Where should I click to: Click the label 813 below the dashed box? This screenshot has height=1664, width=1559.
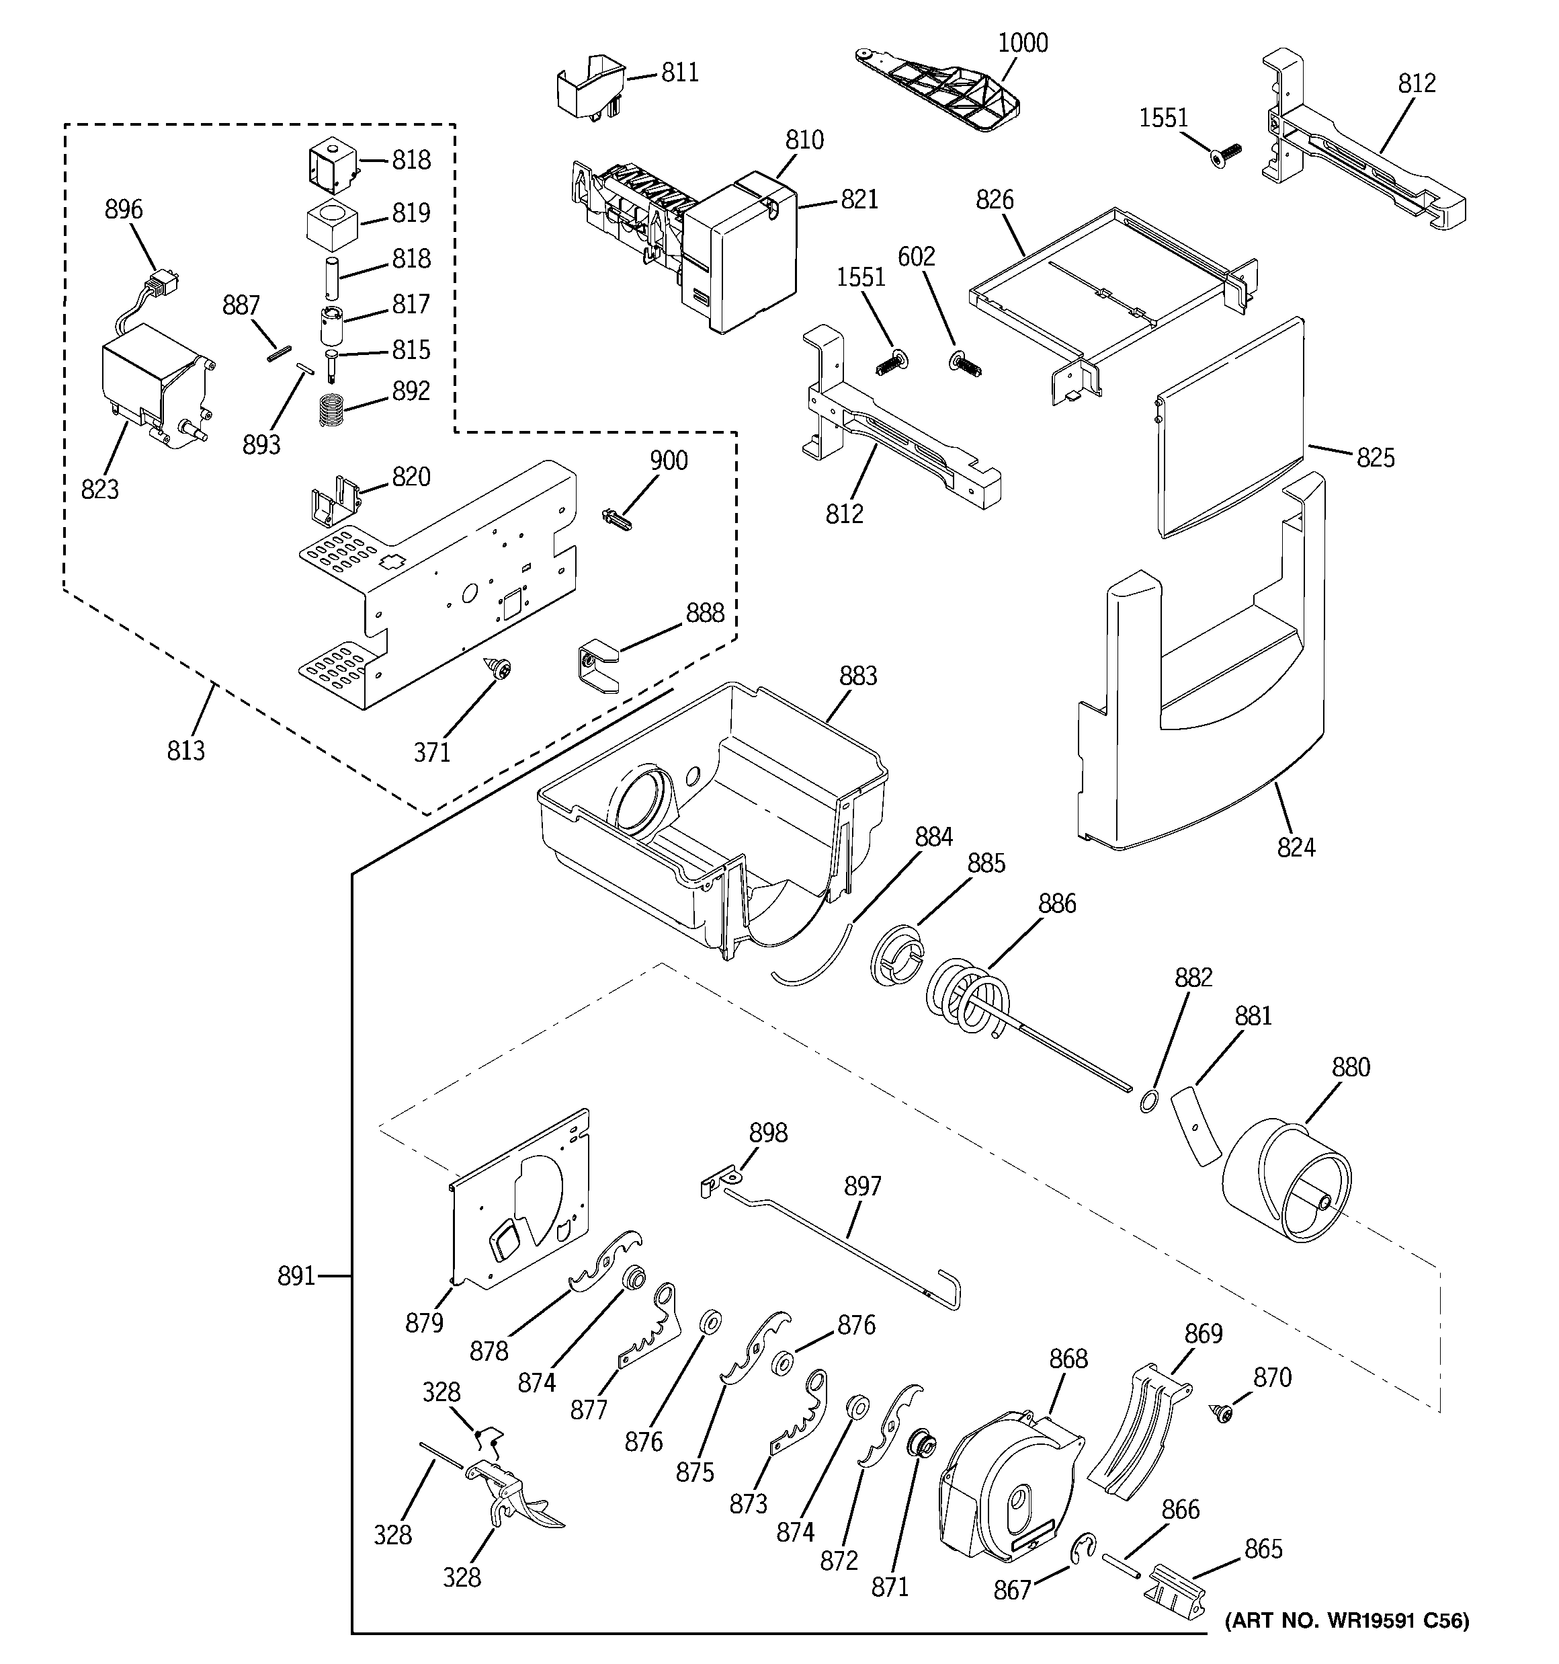click(x=185, y=751)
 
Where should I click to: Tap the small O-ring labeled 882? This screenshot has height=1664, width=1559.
click(x=1149, y=1101)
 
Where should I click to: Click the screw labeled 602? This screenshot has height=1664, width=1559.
click(x=966, y=365)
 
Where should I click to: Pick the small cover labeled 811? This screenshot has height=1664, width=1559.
click(x=591, y=85)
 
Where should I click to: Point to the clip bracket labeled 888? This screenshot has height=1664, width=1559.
click(x=597, y=666)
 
